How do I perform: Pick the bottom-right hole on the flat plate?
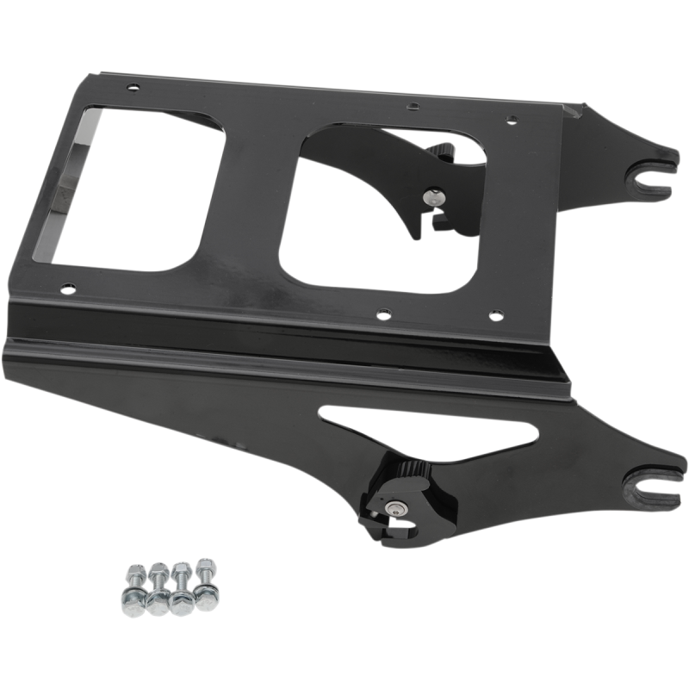493,316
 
